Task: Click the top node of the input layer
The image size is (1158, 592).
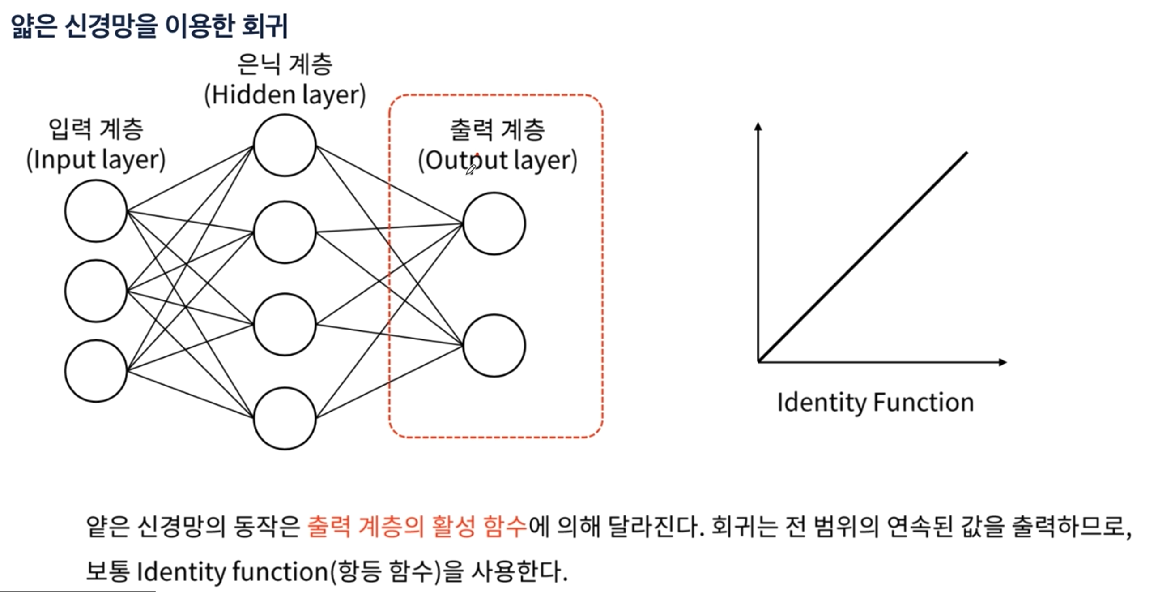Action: (96, 211)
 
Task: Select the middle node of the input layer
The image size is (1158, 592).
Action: (96, 291)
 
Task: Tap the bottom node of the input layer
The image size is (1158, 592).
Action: (96, 371)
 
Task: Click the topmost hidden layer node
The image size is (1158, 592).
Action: (285, 145)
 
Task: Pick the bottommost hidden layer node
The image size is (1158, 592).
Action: (285, 418)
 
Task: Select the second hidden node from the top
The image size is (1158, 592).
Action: (285, 232)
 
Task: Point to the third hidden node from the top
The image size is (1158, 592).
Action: (285, 324)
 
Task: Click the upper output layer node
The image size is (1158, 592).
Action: (494, 223)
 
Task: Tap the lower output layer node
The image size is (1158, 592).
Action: (494, 346)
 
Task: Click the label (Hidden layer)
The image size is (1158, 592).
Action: (285, 95)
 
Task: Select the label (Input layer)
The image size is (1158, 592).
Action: (96, 160)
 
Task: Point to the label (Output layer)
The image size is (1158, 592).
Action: (497, 160)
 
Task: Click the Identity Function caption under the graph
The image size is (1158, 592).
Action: (876, 402)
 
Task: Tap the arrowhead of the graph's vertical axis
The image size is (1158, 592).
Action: (758, 126)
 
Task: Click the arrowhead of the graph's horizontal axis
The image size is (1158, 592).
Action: (1003, 362)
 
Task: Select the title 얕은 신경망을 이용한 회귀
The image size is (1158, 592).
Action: (149, 26)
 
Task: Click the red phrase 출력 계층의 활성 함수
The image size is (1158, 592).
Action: (417, 526)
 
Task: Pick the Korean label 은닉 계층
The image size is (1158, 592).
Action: (285, 64)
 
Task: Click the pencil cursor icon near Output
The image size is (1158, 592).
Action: (471, 170)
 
